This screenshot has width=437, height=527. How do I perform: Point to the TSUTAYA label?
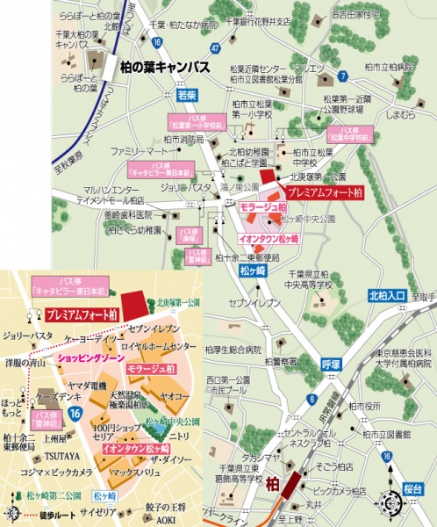61,456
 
